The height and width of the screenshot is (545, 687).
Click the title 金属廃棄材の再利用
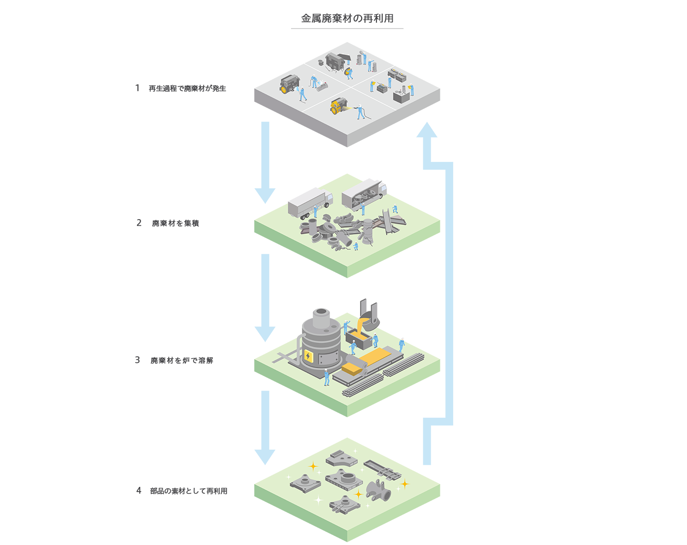(347, 19)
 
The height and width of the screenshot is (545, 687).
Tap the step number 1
(137, 88)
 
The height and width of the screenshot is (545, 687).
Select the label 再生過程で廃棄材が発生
(187, 89)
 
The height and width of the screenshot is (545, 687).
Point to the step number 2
(139, 223)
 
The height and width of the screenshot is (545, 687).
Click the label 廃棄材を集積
(176, 223)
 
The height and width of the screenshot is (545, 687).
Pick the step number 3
(137, 360)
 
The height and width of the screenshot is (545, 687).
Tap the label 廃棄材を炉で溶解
(182, 361)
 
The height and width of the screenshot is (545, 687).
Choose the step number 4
(139, 491)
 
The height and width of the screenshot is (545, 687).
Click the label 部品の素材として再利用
(189, 491)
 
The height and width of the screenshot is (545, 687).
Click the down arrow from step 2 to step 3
(265, 295)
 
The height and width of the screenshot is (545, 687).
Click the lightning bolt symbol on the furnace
(308, 356)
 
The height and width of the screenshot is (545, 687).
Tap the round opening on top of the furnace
(322, 313)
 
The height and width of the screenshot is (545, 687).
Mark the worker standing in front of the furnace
(327, 377)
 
